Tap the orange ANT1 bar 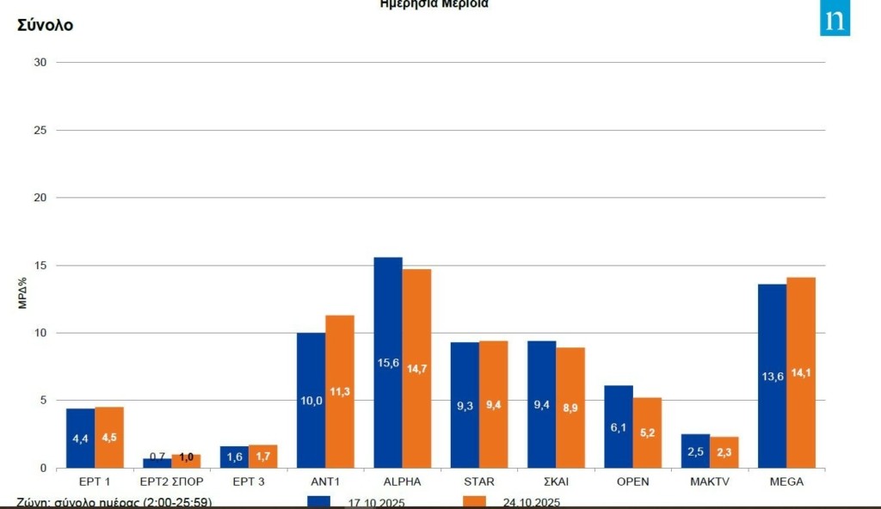[340, 391]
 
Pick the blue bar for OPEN [619, 426]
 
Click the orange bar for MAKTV [724, 452]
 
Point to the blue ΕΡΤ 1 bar [80, 438]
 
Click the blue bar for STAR [465, 405]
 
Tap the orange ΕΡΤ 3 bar [263, 457]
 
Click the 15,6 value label [388, 364]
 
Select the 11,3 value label [340, 392]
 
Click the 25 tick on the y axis [40, 130]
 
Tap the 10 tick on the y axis [40, 333]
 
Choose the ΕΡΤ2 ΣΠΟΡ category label [171, 481]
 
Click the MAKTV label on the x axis [710, 481]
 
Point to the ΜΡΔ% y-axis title [23, 291]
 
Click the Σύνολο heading [45, 25]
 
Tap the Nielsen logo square [835, 20]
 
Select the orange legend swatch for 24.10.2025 [475, 501]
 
